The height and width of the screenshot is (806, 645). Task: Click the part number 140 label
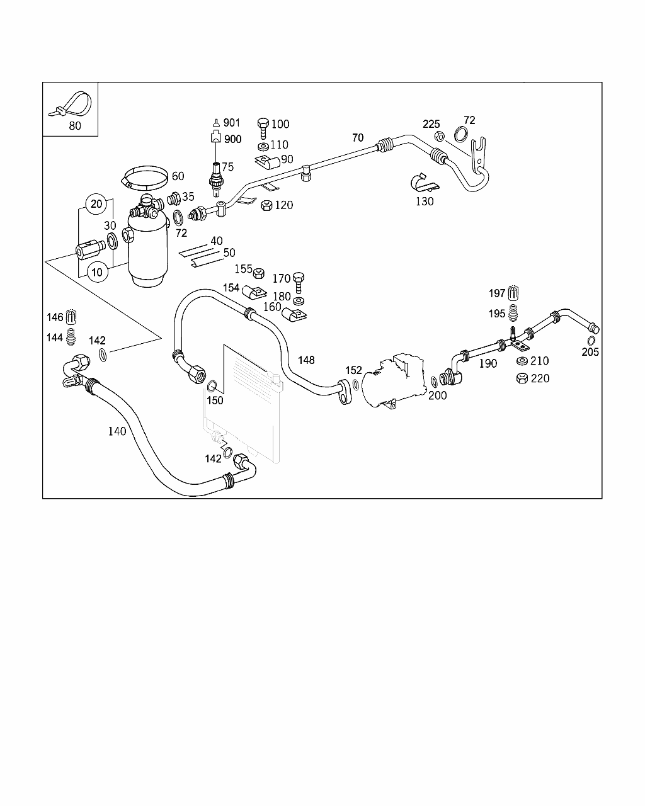117,431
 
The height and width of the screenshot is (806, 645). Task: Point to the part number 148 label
306,360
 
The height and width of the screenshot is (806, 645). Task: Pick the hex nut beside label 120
266,205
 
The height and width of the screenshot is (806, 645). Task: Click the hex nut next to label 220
522,378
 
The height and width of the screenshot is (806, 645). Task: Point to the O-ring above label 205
591,341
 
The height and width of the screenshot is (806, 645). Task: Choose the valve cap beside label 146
71,316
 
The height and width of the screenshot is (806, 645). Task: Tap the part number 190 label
488,363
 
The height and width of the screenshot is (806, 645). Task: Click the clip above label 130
422,183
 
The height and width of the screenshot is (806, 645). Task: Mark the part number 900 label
232,139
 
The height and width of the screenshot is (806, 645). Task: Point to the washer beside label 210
522,361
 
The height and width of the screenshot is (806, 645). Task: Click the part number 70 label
357,137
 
